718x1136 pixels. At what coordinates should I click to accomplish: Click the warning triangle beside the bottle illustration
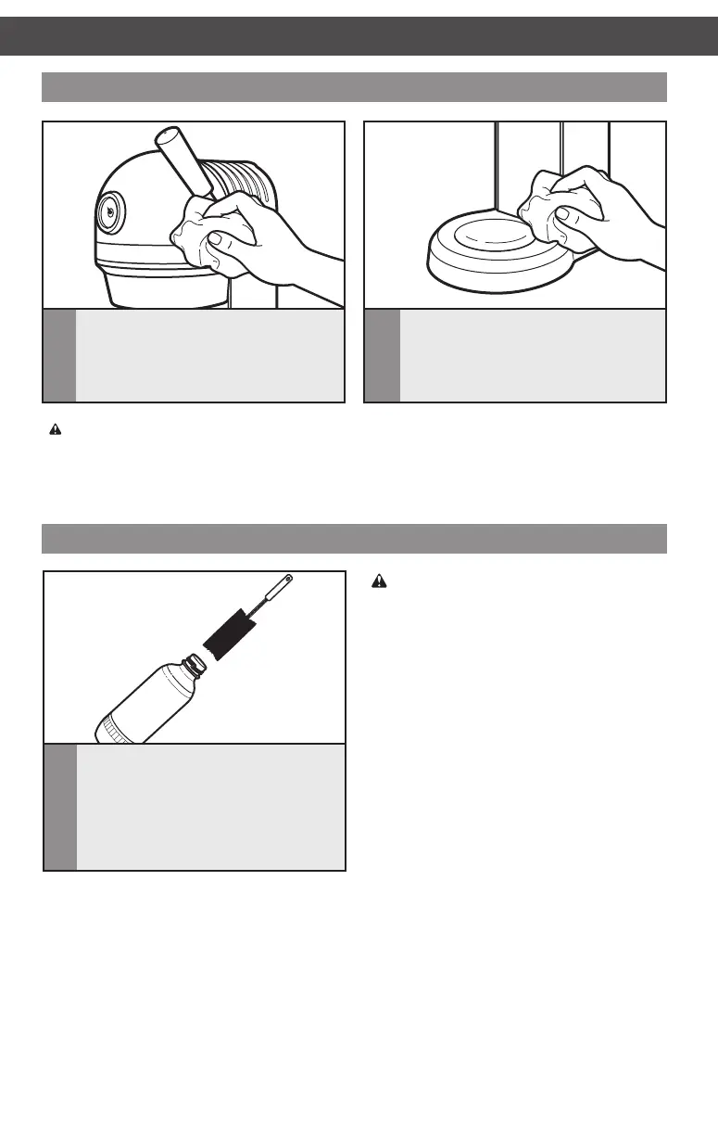[x=378, y=581]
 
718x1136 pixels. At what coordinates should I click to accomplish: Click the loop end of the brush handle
[x=289, y=579]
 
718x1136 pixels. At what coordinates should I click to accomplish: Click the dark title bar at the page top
[x=359, y=36]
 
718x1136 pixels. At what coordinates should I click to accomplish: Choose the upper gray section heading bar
[x=355, y=86]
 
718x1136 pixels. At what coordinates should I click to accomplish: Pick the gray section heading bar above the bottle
[x=355, y=538]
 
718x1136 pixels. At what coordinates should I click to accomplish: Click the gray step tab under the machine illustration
[x=60, y=355]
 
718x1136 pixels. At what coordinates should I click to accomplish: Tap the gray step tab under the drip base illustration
[x=382, y=355]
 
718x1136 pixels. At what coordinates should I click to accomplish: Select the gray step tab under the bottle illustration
[x=60, y=806]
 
